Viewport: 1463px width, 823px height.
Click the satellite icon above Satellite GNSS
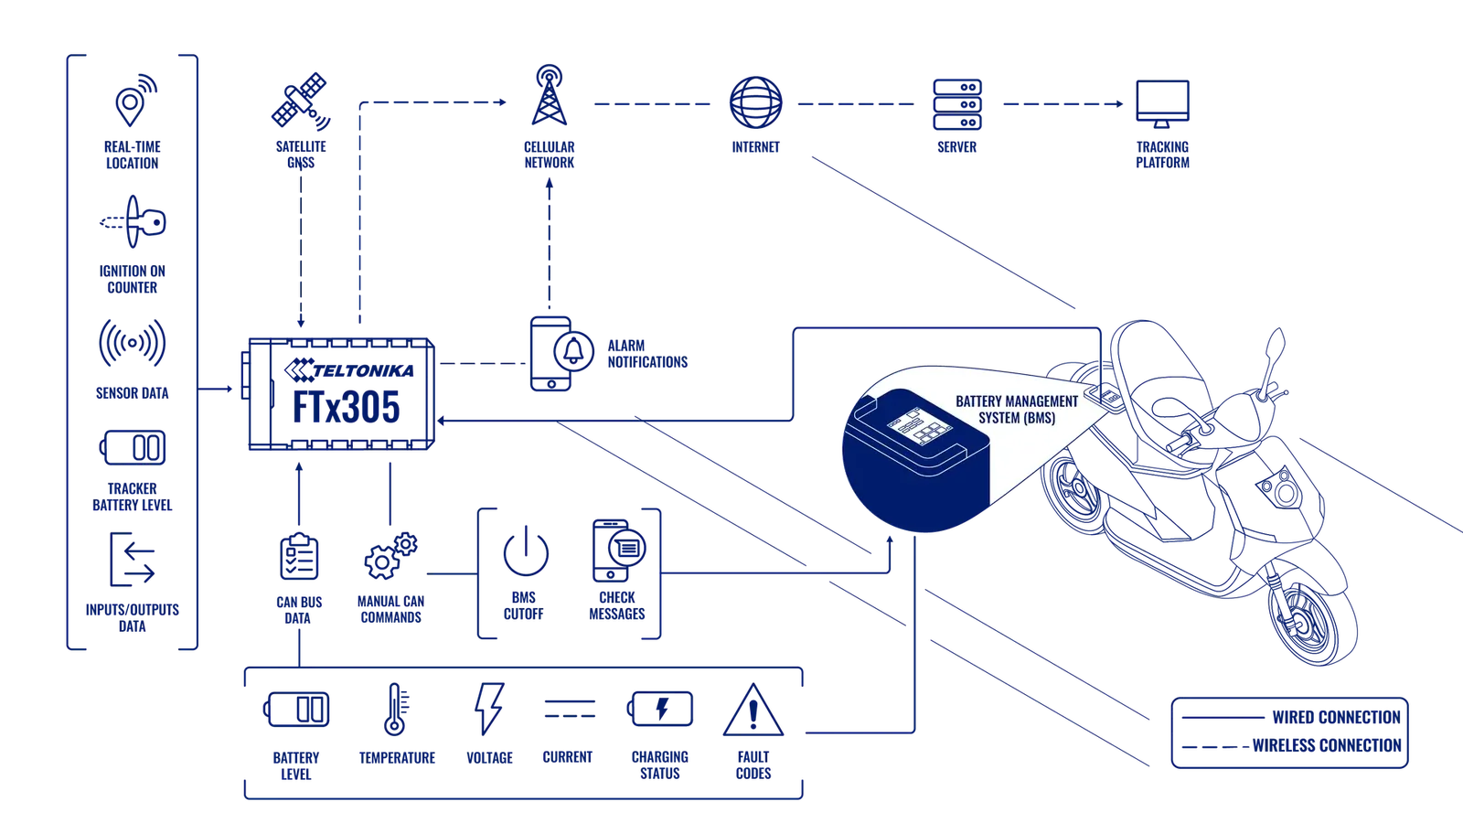(x=301, y=102)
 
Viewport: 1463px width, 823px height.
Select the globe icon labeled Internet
(x=755, y=102)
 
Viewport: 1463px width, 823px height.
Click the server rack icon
(x=957, y=104)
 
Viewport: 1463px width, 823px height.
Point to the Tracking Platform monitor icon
(x=1162, y=103)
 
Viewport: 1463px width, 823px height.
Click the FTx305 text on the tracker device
(x=347, y=408)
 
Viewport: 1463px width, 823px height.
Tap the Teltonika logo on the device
(x=349, y=369)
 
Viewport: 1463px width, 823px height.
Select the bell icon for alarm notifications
(x=573, y=351)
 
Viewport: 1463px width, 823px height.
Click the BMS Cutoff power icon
(x=526, y=550)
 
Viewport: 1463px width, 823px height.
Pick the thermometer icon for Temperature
(x=395, y=710)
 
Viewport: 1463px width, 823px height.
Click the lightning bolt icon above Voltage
(x=489, y=709)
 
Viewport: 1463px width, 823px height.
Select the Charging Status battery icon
(x=659, y=709)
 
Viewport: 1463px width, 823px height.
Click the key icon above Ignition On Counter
(x=133, y=222)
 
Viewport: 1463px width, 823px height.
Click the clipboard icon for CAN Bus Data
(x=299, y=557)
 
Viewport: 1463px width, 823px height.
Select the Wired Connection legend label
(x=1336, y=717)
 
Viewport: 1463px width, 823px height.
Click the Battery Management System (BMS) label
(x=1017, y=410)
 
